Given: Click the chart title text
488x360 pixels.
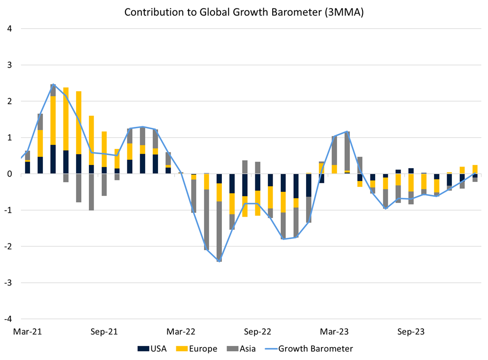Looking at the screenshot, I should pos(244,13).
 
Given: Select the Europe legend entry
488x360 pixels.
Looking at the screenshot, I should pos(197,348).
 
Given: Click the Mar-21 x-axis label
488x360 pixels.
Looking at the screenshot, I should pos(28,331).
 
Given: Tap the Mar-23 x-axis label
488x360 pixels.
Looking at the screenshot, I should pos(335,331).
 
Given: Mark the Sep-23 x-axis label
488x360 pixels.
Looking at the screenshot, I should pos(411,331).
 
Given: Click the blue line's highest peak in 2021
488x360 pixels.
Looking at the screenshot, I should pos(54,85).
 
